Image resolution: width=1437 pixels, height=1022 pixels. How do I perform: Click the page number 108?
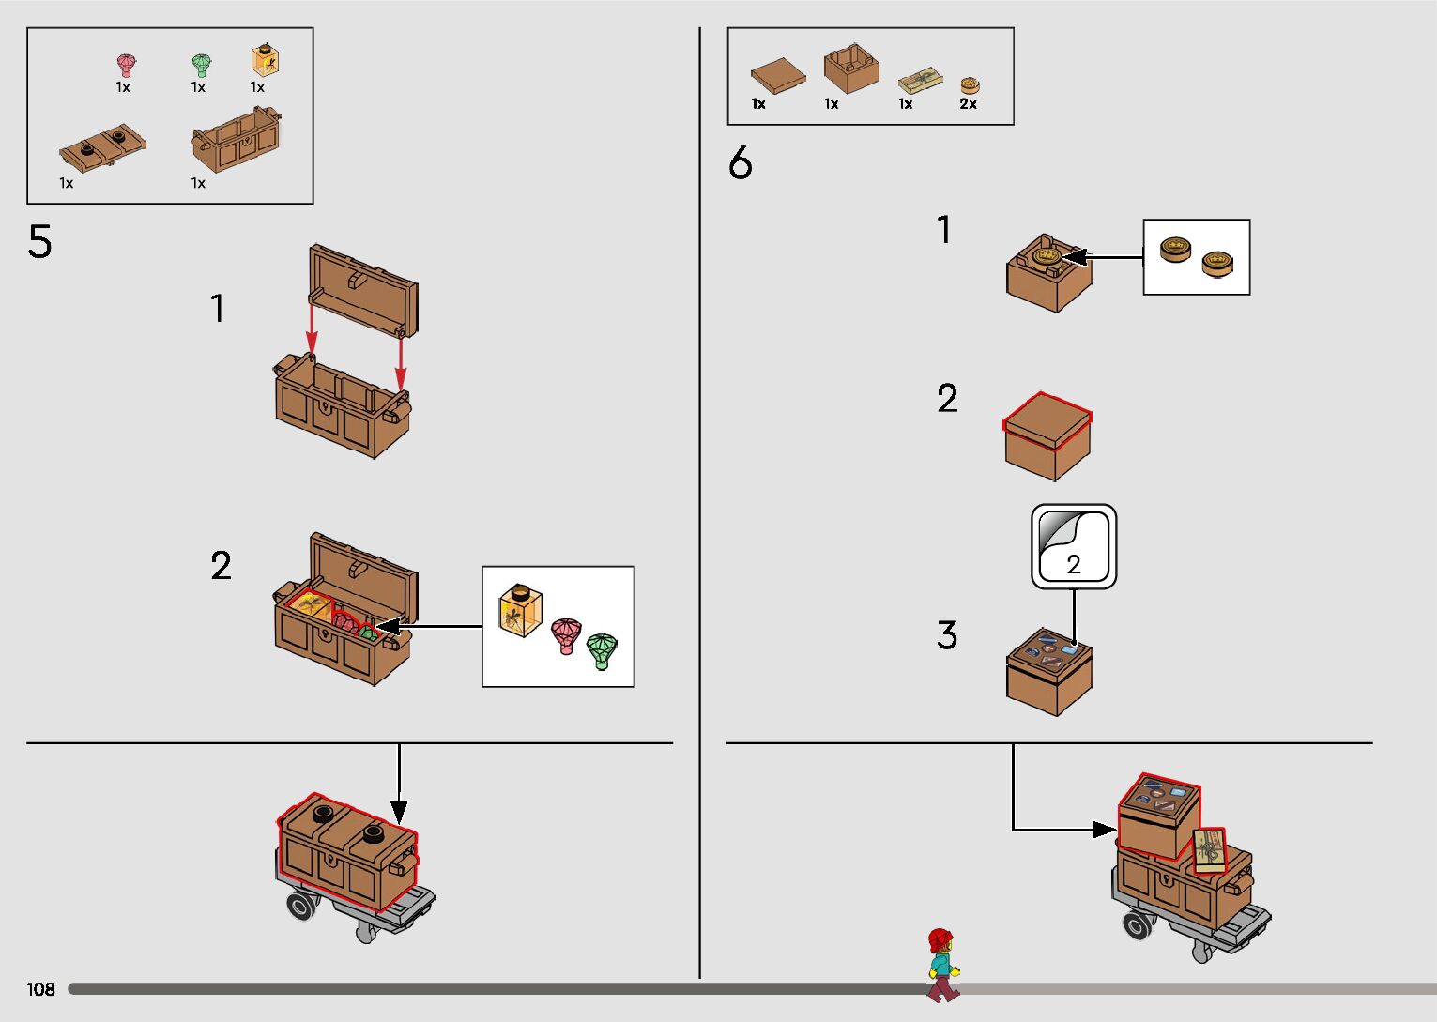(40, 989)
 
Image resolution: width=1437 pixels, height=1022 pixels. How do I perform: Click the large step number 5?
(39, 242)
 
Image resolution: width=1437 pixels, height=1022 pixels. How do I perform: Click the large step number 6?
(740, 164)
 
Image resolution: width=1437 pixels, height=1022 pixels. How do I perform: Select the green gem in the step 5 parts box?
(200, 65)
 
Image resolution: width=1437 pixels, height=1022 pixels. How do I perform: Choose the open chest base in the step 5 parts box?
(237, 141)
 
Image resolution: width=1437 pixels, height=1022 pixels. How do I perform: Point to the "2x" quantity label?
(968, 104)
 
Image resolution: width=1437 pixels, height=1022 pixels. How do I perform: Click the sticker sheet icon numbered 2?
(1074, 547)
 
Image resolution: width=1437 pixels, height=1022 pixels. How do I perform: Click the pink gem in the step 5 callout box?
(565, 635)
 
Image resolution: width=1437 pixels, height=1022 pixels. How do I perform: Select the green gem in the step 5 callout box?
(602, 649)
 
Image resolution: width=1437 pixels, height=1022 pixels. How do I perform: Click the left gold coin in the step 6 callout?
(1174, 249)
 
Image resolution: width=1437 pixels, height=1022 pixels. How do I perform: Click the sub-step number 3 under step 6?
(947, 635)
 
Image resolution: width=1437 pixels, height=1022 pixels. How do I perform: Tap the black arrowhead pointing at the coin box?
(1074, 257)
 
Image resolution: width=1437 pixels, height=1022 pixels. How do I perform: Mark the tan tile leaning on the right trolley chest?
(1209, 850)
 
